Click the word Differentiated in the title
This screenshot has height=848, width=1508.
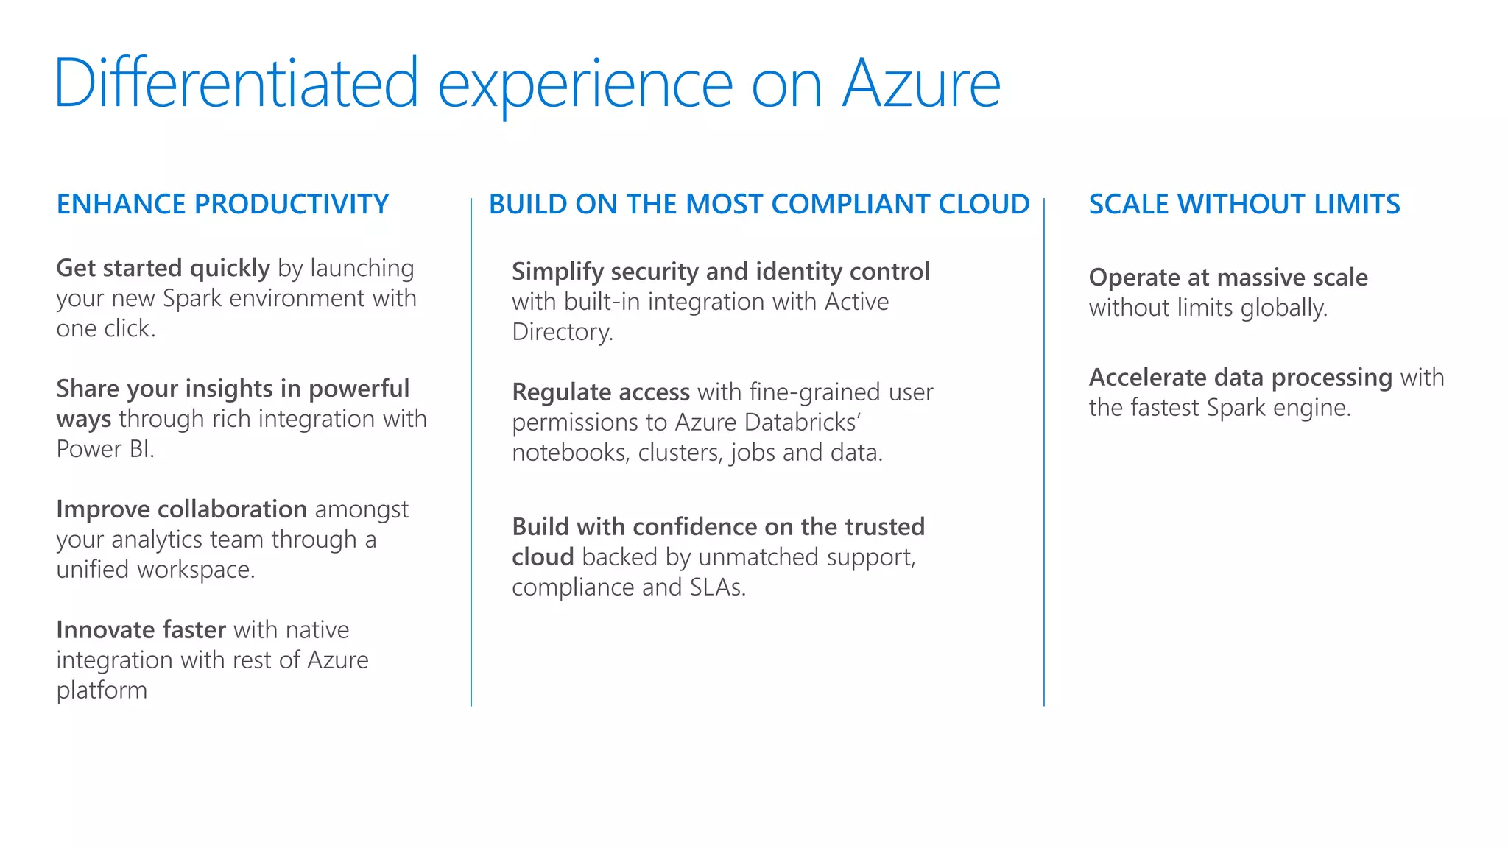[236, 84]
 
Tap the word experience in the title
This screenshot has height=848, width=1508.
[585, 87]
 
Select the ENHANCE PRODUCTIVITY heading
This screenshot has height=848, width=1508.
[222, 204]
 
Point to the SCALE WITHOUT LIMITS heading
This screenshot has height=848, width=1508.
[1244, 204]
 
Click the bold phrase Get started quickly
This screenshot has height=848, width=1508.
[163, 268]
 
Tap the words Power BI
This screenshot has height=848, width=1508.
[105, 449]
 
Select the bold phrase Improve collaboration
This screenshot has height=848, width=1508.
[181, 509]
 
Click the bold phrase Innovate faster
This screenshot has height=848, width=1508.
[141, 630]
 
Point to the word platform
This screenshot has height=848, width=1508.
[102, 691]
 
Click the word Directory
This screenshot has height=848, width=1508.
[562, 332]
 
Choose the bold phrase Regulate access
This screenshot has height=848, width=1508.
[601, 392]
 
